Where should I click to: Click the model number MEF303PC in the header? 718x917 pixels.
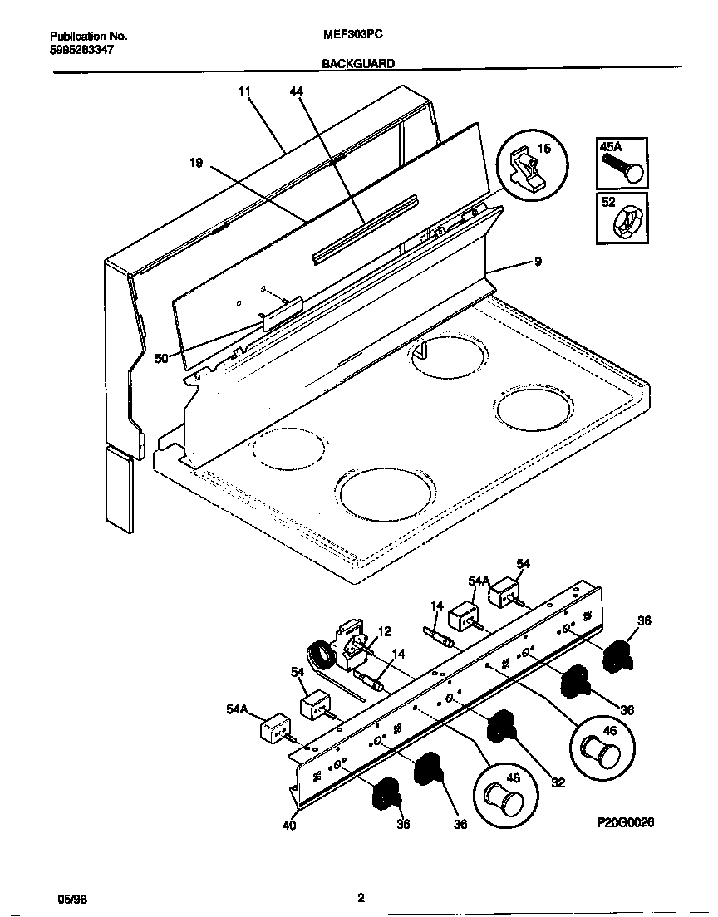click(x=346, y=36)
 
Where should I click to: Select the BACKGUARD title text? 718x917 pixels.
click(x=358, y=63)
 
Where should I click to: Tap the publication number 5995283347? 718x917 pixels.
click(x=82, y=49)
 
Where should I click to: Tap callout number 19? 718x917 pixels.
click(x=196, y=164)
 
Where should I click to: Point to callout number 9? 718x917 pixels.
click(x=538, y=262)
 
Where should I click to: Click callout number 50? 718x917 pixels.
click(x=162, y=359)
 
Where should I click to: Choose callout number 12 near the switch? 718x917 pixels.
click(x=385, y=632)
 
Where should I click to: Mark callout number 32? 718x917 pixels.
click(x=558, y=782)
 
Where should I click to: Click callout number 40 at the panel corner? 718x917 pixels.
click(x=288, y=825)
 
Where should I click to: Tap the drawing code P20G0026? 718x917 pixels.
click(x=626, y=822)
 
